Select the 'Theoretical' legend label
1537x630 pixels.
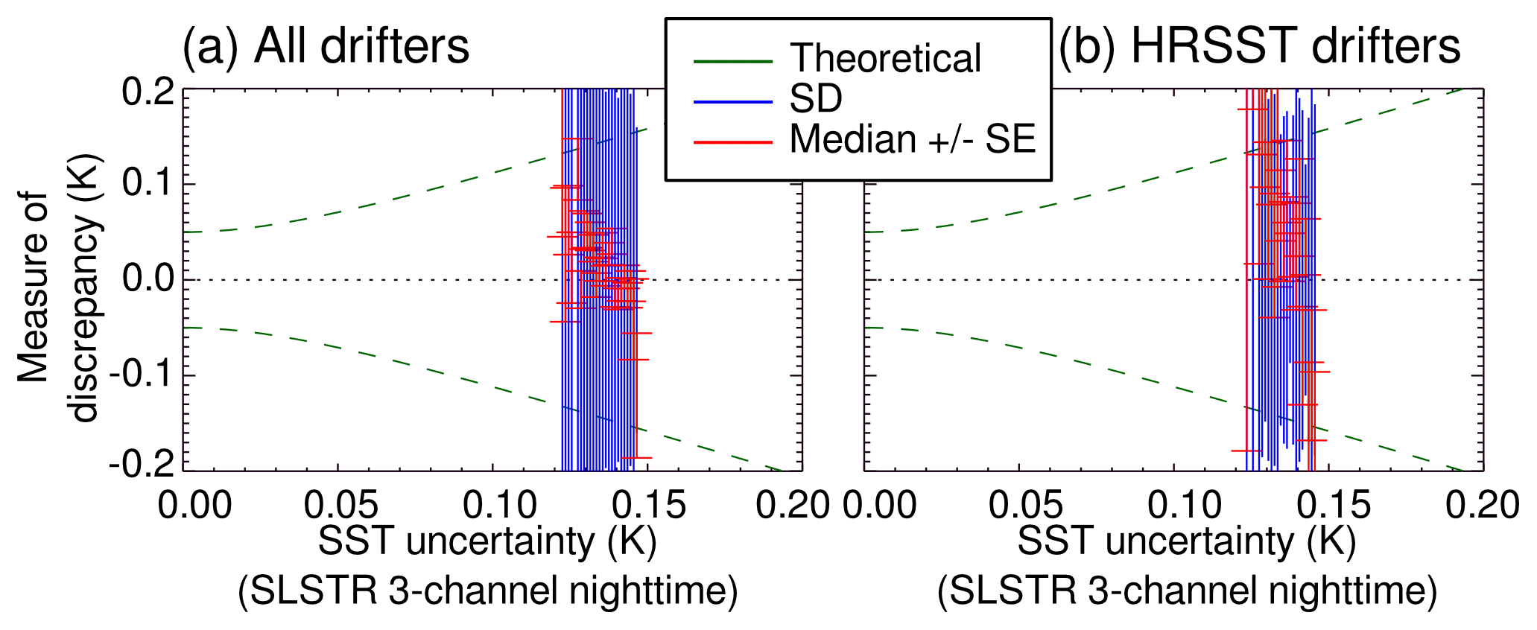tap(885, 59)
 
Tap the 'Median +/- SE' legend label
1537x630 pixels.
tap(913, 139)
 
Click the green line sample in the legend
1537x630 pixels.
tap(733, 60)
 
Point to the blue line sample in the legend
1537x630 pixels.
tap(733, 101)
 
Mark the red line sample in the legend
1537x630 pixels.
tap(733, 141)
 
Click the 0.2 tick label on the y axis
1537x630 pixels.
tap(147, 92)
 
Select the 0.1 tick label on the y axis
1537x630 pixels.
tap(147, 184)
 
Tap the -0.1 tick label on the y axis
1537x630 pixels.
tap(142, 375)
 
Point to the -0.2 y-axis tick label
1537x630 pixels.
tap(142, 468)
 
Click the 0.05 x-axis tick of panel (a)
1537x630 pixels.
tap(340, 506)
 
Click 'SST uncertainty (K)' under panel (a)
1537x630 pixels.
tap(488, 541)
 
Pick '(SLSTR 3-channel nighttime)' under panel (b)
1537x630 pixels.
tap(1187, 590)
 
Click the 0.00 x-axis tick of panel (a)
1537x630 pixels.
tap(195, 506)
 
